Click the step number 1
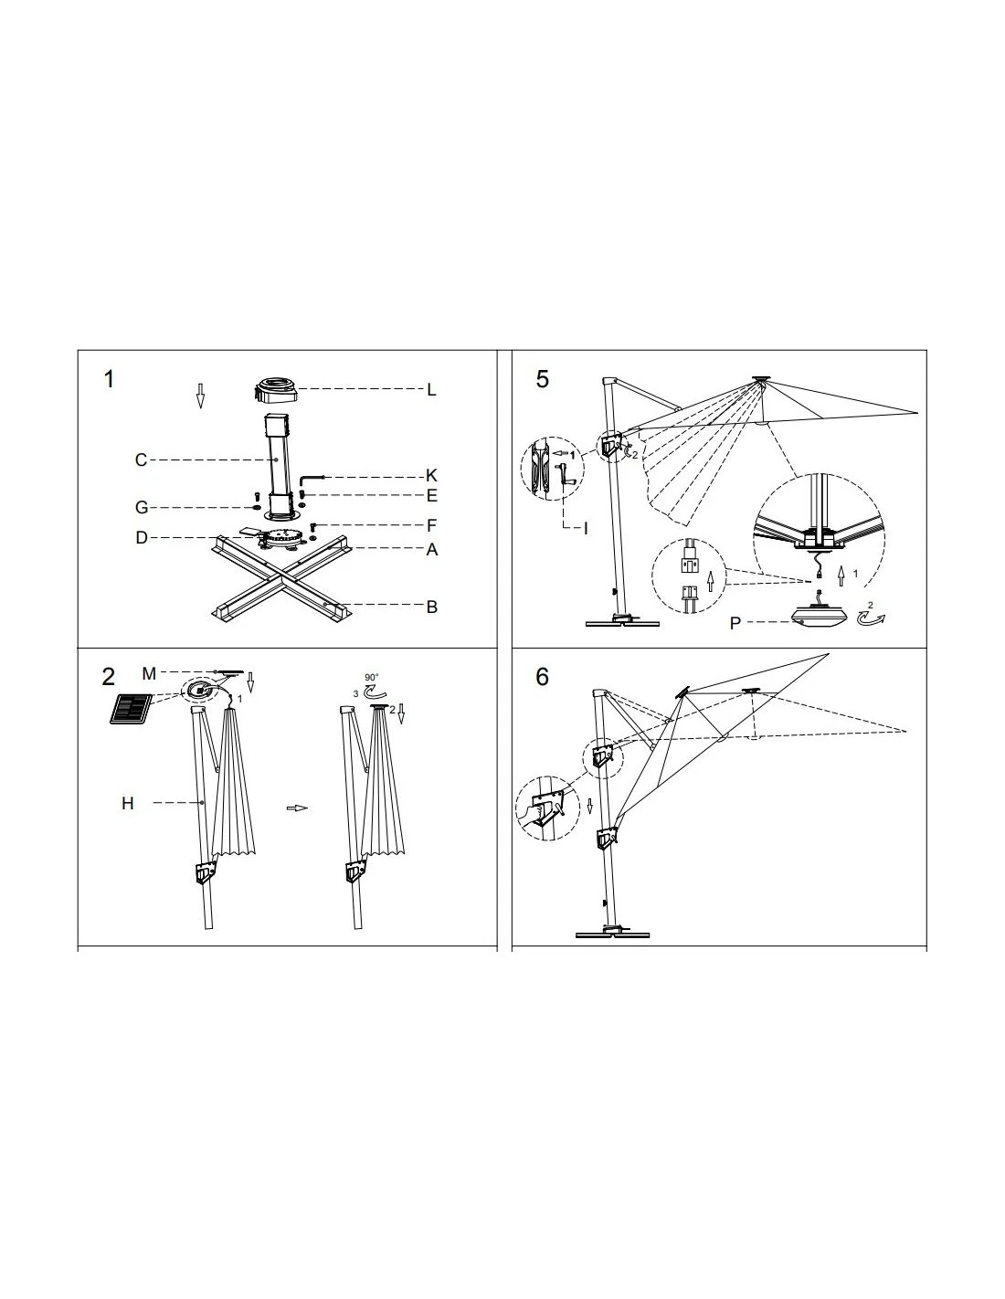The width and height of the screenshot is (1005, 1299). pos(110,379)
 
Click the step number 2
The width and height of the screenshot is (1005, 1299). pos(110,677)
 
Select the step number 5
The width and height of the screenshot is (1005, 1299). pos(543,379)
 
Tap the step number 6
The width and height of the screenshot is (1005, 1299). pos(543,677)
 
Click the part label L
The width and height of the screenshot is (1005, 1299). pos(432,390)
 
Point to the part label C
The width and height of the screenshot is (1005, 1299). pos(141,459)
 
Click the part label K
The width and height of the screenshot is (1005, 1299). pos(432,476)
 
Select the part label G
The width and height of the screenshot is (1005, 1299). pos(141,508)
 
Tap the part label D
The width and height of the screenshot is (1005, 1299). pos(141,537)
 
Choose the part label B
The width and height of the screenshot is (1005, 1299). pos(432,607)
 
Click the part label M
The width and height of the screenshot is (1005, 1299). pos(149,673)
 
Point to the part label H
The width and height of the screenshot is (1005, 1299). pos(128,803)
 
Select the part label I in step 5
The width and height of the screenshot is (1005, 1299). pos(587,527)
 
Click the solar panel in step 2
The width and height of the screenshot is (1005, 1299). pos(132,709)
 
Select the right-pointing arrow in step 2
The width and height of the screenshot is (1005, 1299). pos(297,808)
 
